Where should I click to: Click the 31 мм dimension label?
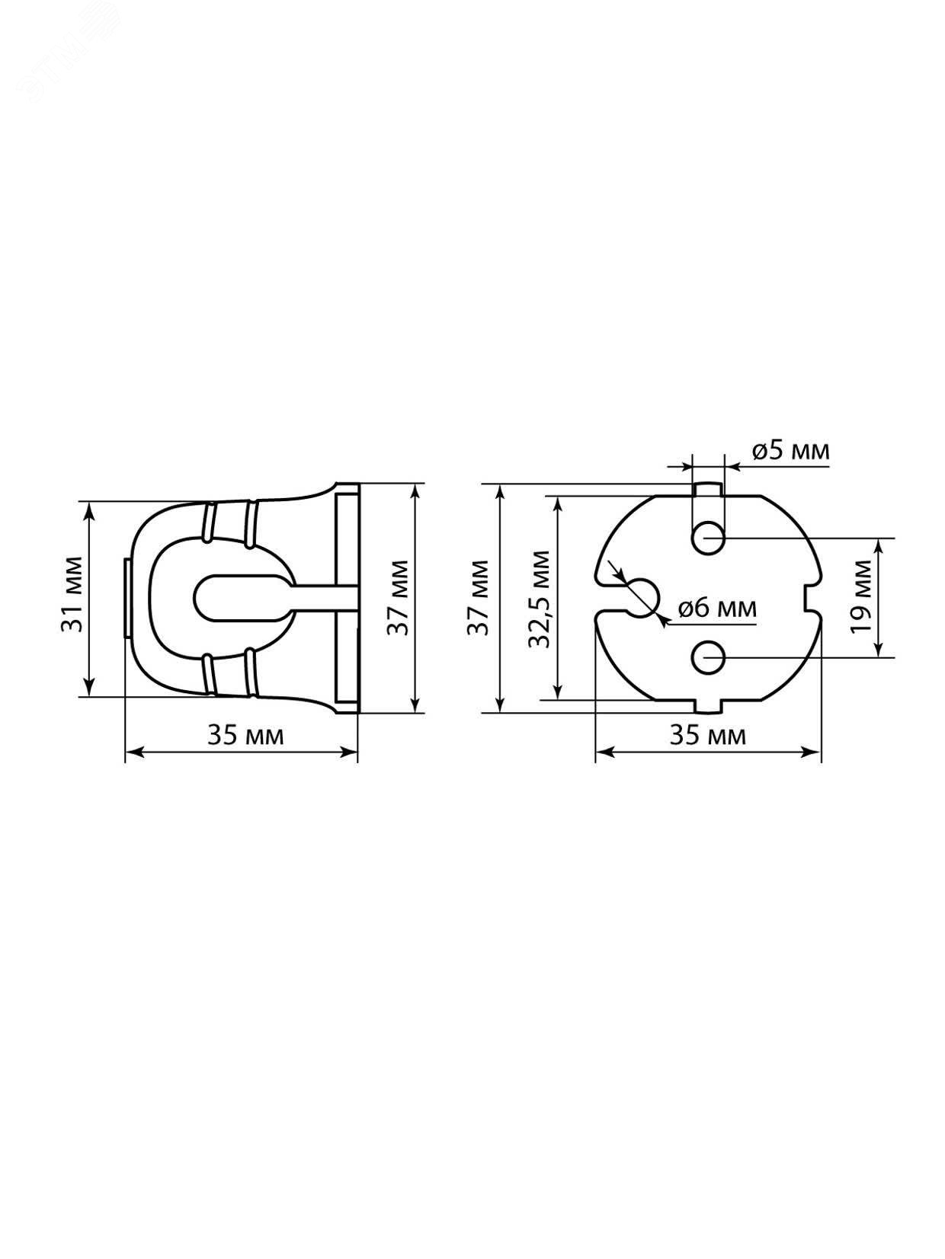72,593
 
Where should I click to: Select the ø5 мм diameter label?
790,451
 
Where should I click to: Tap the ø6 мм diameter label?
716,608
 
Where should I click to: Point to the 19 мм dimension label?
861,596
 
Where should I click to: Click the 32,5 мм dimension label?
540,599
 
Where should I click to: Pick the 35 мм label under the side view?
245,735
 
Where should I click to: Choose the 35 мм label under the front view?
708,735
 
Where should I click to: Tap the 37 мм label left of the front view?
477,597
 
